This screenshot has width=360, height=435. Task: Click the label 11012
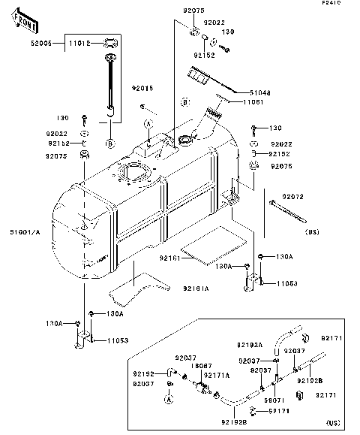(79, 44)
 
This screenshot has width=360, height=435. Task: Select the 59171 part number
(280, 411)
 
